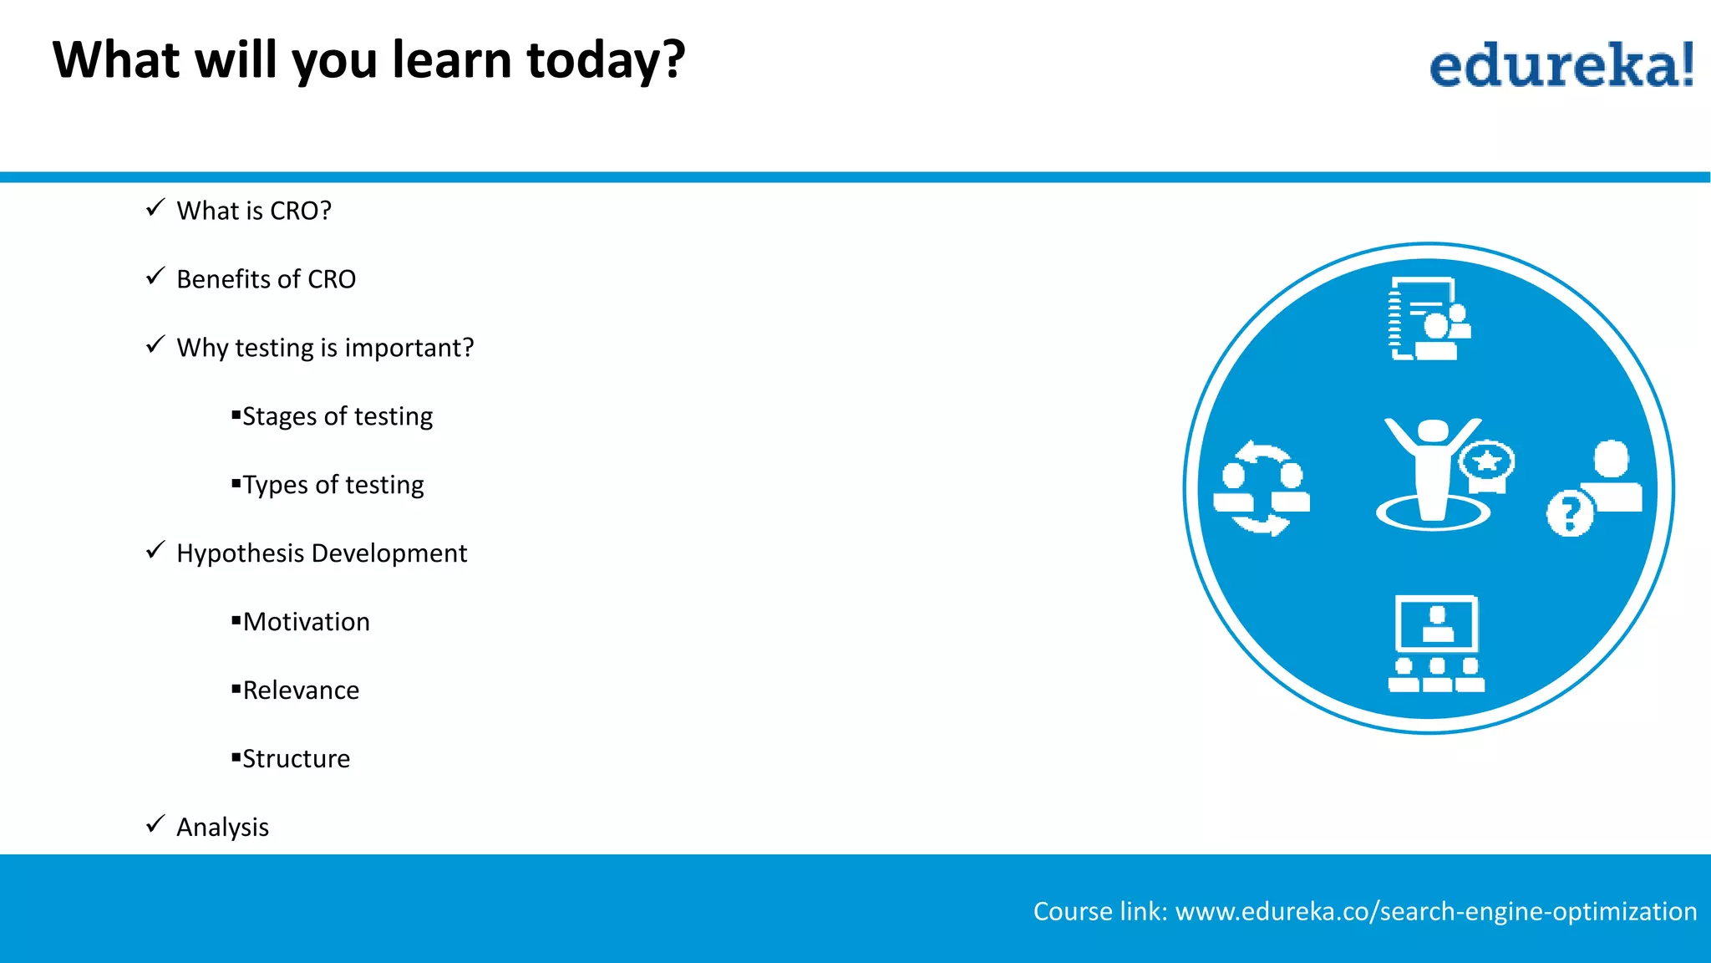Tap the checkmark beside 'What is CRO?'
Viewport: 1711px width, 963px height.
[155, 208]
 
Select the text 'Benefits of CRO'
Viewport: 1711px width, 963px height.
[266, 279]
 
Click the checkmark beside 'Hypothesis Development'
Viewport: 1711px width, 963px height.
[155, 550]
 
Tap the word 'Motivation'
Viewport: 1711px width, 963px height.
[306, 622]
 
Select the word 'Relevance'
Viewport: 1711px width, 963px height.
[301, 690]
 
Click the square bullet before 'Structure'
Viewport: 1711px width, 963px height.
[236, 757]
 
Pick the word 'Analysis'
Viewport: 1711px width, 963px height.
[222, 828]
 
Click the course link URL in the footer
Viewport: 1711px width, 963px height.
[1435, 911]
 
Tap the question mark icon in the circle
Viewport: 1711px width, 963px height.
[1570, 513]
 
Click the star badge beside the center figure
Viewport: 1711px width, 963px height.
[1487, 462]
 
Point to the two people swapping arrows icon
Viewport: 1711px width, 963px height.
[1262, 488]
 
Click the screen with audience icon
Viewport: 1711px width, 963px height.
[1436, 644]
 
